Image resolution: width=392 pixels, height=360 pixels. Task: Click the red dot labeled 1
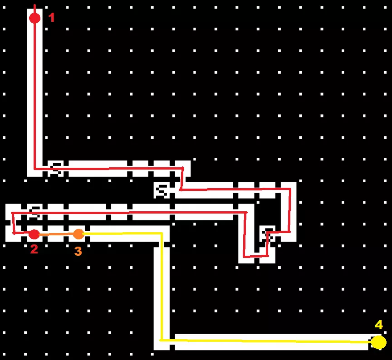coord(35,18)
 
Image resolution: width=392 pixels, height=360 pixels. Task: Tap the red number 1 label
coord(51,18)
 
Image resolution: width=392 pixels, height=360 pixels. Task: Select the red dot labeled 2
coord(34,234)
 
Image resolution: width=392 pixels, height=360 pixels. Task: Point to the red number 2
coord(34,249)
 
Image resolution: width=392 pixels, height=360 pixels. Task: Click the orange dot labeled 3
coord(78,234)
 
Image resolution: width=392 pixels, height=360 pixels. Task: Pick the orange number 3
coord(78,251)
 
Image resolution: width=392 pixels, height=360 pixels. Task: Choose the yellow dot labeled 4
coord(379,342)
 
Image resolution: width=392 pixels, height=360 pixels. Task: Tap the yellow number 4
coord(379,325)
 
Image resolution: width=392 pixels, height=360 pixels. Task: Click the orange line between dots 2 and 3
coord(56,234)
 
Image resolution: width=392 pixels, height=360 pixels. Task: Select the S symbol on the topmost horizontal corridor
coord(56,169)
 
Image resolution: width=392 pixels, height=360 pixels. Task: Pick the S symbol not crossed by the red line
coord(162,191)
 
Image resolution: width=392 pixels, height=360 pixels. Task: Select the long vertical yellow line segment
coord(162,287)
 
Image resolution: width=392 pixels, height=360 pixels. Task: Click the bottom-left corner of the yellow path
coord(161,340)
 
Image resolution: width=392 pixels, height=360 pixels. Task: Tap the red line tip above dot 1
coord(35,5)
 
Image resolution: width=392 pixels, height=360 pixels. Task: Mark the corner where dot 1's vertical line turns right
coord(35,169)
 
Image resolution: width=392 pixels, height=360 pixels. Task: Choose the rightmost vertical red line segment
coord(290,210)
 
